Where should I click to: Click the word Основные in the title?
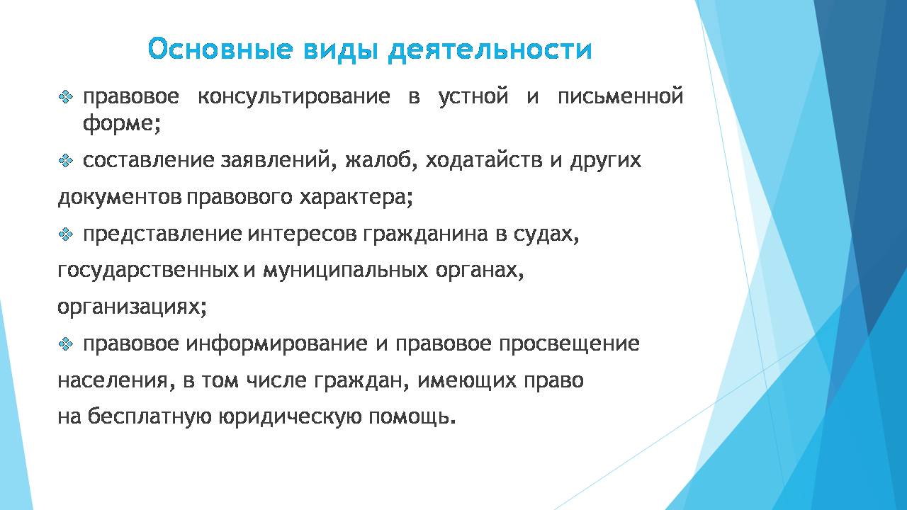[x=220, y=49]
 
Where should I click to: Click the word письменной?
[x=620, y=97]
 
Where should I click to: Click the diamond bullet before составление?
[x=66, y=161]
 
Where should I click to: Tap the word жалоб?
[x=378, y=161]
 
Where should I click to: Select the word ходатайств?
[x=483, y=161]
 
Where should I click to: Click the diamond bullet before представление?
[x=66, y=234]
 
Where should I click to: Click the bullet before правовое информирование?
[x=66, y=344]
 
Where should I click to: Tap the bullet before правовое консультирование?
[x=66, y=97]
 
